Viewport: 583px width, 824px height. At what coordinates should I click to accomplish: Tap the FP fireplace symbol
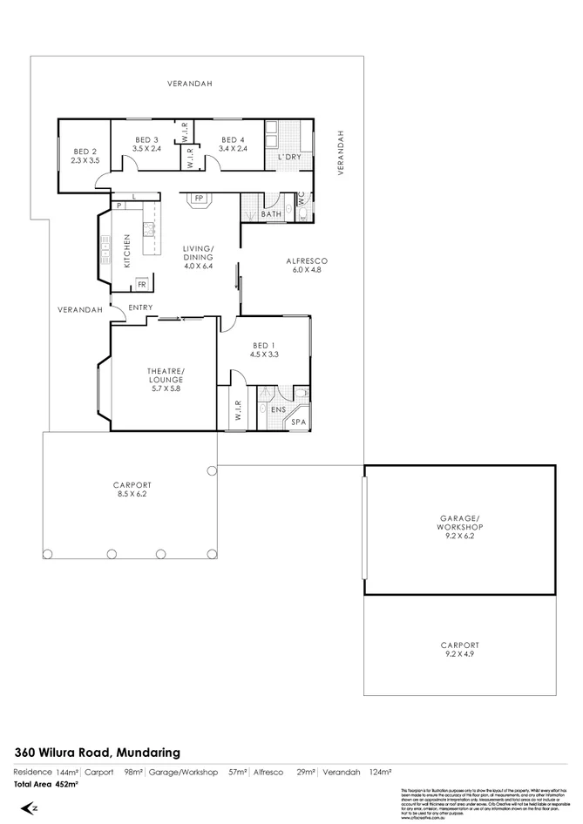(x=199, y=198)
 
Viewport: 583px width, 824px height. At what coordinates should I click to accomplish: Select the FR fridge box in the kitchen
(x=141, y=285)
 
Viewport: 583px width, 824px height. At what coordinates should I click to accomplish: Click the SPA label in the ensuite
(x=299, y=422)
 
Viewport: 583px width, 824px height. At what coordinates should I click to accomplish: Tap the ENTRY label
(x=140, y=307)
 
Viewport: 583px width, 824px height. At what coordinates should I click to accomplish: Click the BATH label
(x=271, y=213)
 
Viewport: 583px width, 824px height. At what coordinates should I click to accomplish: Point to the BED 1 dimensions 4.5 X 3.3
(x=263, y=354)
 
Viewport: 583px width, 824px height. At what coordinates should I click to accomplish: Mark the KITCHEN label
(x=126, y=250)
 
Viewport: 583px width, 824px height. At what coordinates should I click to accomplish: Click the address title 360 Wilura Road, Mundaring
(x=97, y=752)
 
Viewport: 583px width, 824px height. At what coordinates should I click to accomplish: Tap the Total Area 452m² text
(x=45, y=785)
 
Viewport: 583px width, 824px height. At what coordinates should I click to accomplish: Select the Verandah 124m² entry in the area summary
(x=356, y=772)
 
